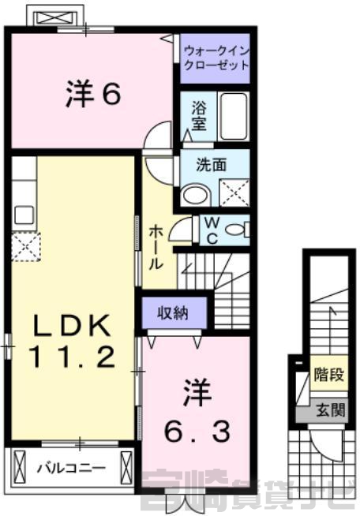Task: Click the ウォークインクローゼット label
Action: point(216,58)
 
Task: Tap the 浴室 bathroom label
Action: point(199,115)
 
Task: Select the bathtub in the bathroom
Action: point(234,116)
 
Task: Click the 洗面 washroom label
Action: point(211,165)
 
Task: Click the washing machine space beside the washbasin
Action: point(234,193)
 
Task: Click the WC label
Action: point(212,230)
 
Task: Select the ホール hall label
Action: point(156,248)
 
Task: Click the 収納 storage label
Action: point(173,312)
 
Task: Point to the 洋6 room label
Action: point(93,93)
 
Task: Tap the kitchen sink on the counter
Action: point(24,215)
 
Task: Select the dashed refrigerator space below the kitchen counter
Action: point(26,246)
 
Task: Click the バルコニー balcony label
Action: point(71,467)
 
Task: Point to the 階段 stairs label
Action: point(329,374)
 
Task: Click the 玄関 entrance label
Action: point(331,410)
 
